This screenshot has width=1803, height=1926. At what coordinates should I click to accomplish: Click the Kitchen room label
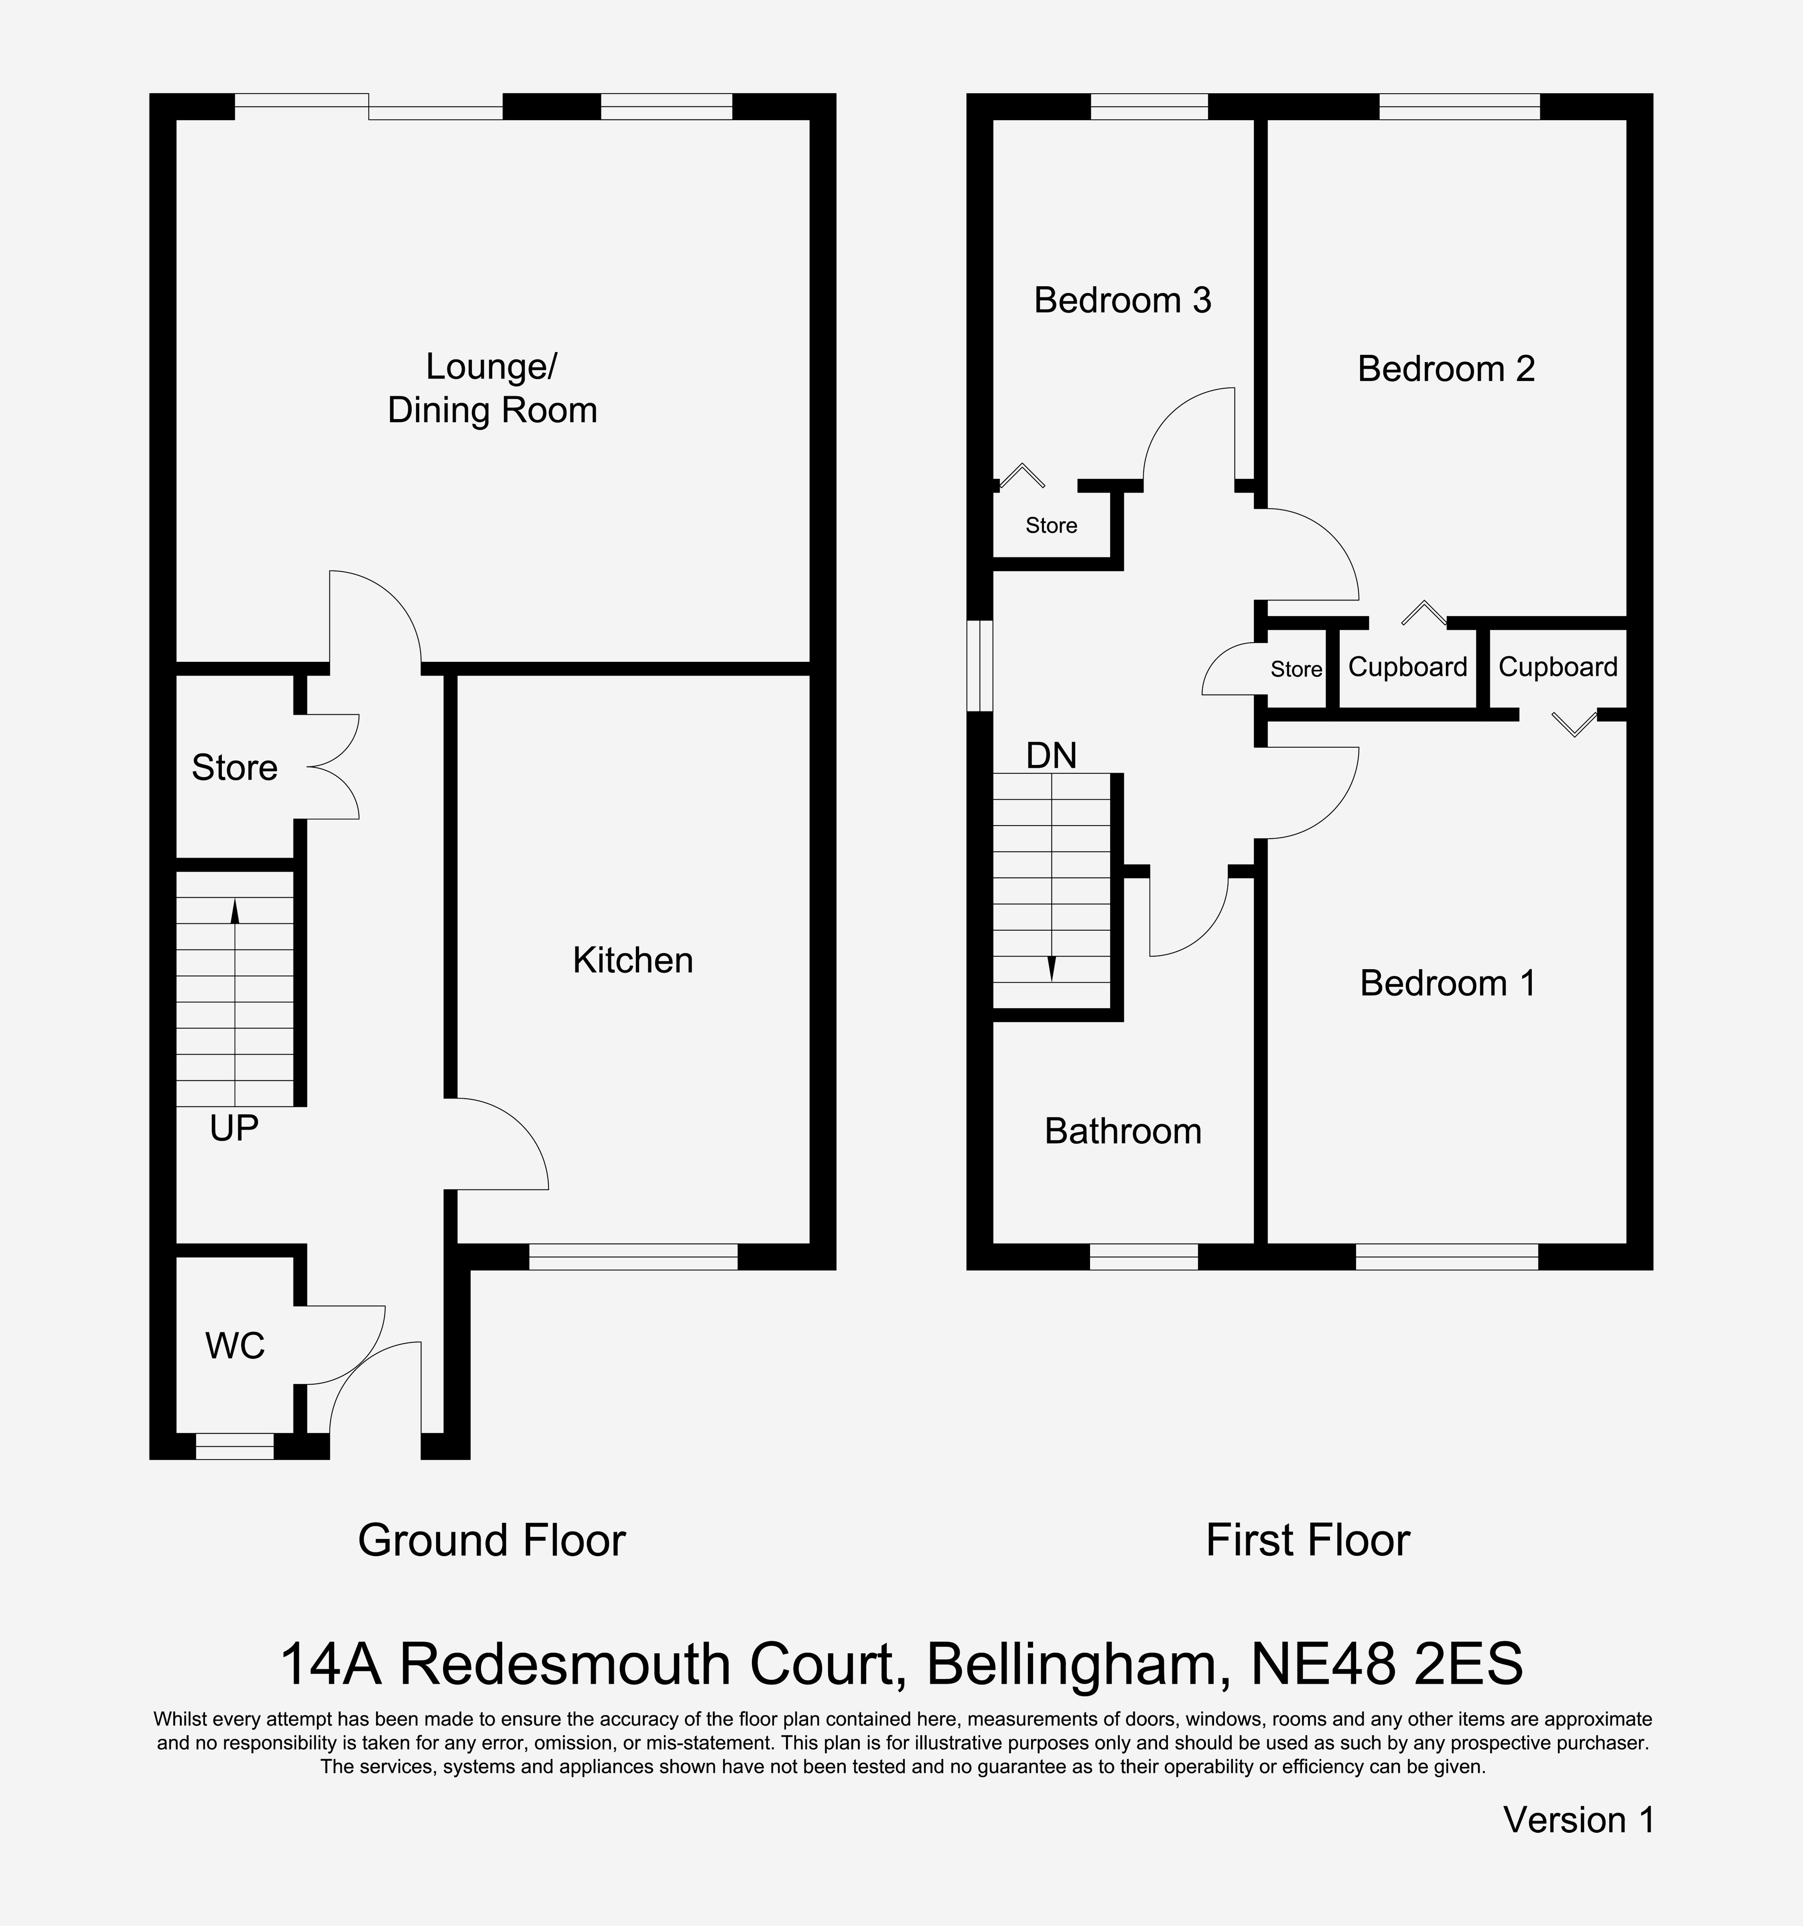[633, 960]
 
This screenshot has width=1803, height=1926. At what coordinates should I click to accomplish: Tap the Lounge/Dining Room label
[492, 389]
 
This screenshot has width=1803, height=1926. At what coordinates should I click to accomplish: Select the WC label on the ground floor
[235, 1346]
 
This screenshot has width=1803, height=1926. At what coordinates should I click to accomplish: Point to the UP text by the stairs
[233, 1128]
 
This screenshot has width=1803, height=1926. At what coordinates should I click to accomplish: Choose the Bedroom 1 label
[1447, 983]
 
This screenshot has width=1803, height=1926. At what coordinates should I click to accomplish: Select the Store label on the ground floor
[235, 767]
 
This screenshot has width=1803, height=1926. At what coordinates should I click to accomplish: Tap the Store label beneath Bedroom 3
[1051, 525]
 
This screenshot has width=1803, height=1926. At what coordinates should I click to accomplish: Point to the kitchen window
[633, 1257]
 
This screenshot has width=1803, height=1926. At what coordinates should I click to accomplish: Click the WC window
[235, 1446]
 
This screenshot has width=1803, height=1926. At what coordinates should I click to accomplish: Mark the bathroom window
[1144, 1257]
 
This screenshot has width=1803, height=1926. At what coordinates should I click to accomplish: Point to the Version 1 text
[1578, 1820]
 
